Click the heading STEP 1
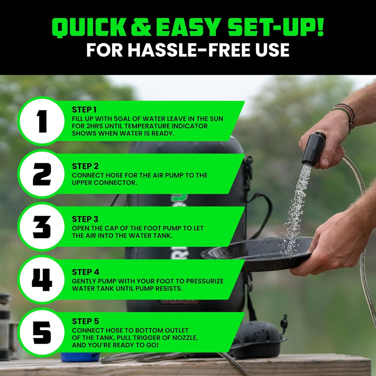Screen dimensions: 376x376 click(x=84, y=110)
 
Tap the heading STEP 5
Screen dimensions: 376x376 click(x=85, y=321)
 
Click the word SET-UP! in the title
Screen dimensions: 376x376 click(x=276, y=28)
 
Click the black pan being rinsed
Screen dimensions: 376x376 click(x=257, y=254)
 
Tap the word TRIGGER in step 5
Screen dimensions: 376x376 click(x=151, y=338)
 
